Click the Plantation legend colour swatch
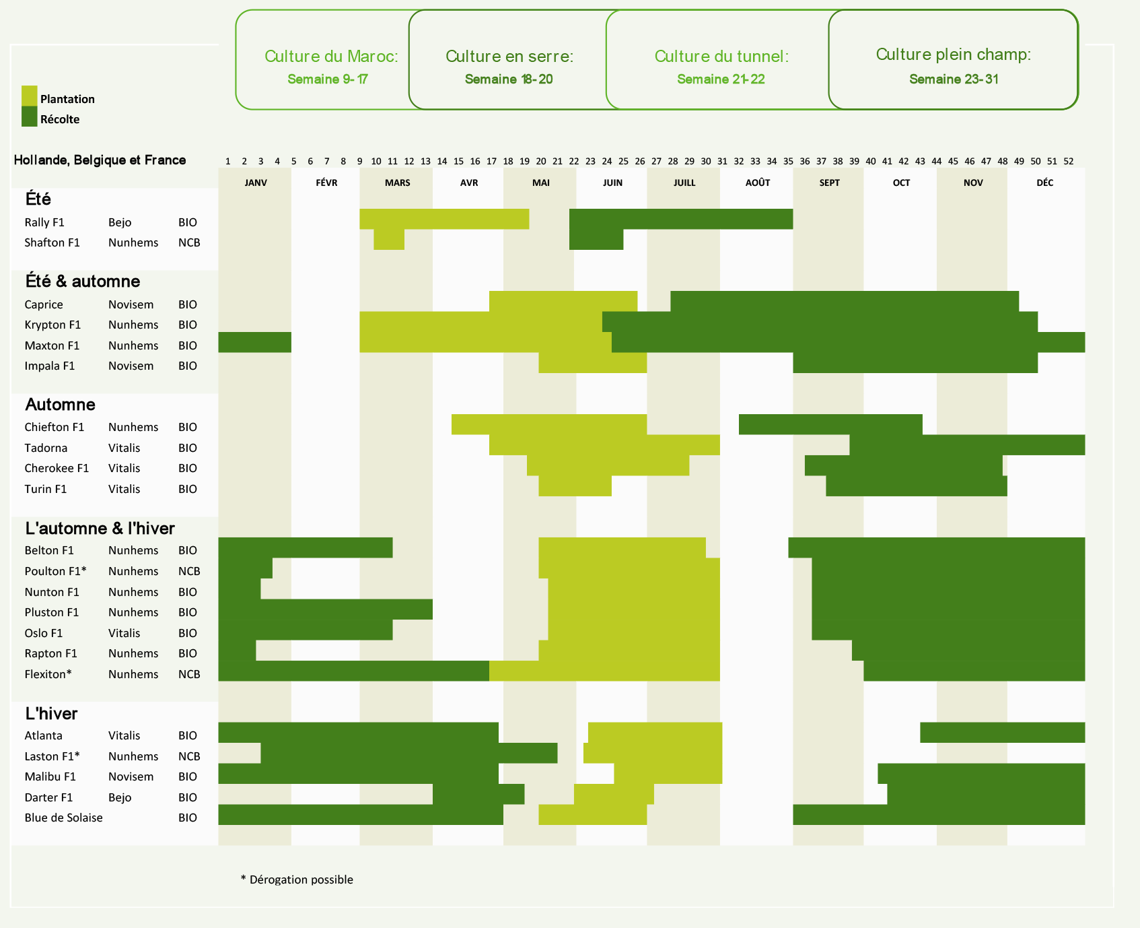coord(29,96)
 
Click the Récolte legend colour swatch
coord(29,117)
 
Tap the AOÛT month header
coord(757,183)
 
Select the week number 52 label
coord(1068,162)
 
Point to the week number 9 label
coord(359,162)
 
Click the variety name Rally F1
coord(44,222)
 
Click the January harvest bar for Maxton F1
coord(254,342)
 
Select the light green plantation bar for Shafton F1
coord(389,240)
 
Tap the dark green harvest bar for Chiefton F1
coord(830,424)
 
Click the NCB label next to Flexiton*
coord(189,674)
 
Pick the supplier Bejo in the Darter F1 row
coord(120,797)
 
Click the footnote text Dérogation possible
coord(301,880)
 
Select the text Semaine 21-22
coord(721,79)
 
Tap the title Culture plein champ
coord(953,55)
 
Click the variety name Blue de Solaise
coord(63,818)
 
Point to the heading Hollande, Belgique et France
coord(100,160)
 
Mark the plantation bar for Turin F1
coord(575,486)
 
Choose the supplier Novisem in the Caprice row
coord(131,304)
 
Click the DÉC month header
coord(1044,183)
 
